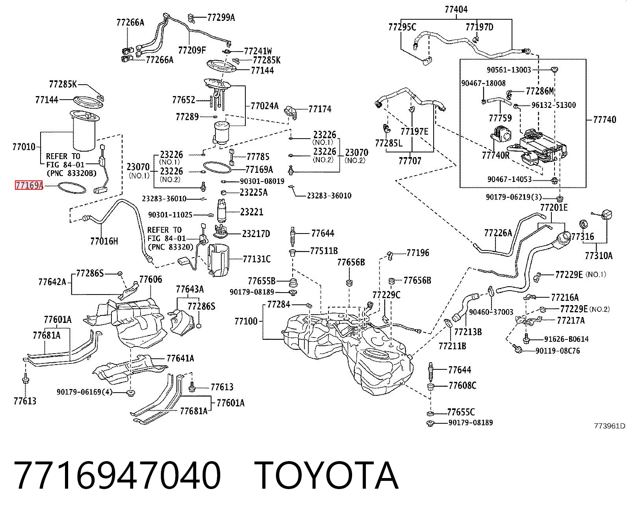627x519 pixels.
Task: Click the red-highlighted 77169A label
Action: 29,185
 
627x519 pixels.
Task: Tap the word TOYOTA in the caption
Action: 326,476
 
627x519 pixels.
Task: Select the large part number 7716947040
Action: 117,476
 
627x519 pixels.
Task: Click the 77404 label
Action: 456,9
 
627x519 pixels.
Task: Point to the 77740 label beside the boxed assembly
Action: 605,120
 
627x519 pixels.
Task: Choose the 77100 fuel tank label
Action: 246,321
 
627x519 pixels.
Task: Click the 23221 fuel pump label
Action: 252,212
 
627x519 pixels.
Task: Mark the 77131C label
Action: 257,259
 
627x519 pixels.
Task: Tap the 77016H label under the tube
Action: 104,241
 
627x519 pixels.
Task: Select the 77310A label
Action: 599,256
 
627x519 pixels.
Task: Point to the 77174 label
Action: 320,109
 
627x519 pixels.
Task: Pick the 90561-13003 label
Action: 509,70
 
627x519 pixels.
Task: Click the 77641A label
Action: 180,358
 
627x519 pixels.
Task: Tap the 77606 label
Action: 151,279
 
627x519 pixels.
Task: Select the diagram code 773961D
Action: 610,426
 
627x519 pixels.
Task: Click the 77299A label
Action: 221,18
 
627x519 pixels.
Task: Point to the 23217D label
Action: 256,234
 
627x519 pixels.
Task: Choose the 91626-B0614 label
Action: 566,339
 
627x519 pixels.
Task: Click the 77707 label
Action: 410,161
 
